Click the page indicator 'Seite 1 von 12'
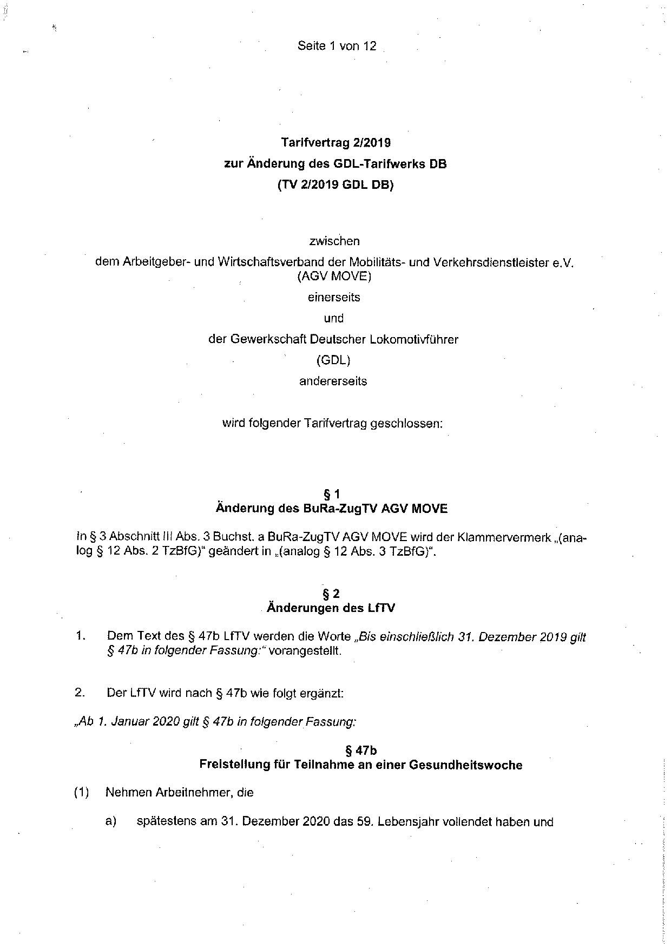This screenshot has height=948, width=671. tap(336, 46)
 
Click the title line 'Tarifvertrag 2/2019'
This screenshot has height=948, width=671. tap(335, 143)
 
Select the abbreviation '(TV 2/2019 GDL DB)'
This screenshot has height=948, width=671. tap(335, 185)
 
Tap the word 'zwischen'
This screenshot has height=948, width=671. tap(334, 241)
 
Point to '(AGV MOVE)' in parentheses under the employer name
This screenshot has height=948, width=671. tap(334, 276)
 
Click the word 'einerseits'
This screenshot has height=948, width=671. tap(334, 297)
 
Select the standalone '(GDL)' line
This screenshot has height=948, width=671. tap(333, 360)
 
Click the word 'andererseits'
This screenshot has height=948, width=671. tap(333, 381)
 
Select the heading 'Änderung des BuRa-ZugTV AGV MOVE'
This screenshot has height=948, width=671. tap(331, 509)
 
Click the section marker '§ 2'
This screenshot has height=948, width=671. tap(331, 594)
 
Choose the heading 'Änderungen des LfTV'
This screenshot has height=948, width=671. tap(331, 608)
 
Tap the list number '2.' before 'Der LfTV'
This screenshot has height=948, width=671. tap(81, 693)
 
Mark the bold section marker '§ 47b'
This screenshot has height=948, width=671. tap(360, 751)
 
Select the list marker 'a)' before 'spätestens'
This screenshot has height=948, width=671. tap(111, 822)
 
